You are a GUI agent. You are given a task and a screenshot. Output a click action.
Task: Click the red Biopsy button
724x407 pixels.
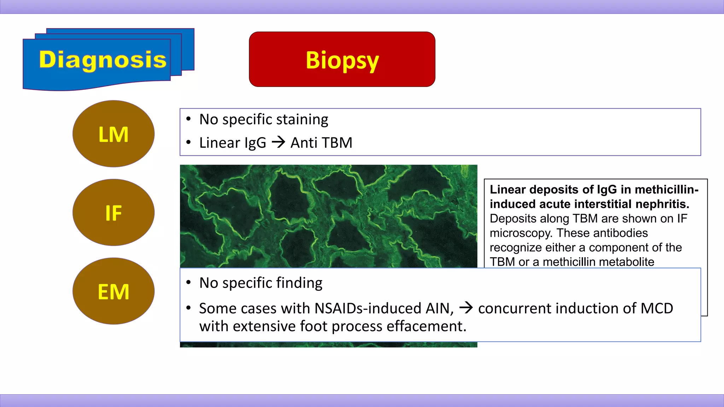point(342,59)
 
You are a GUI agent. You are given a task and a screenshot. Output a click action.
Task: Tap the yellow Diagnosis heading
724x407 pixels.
point(103,59)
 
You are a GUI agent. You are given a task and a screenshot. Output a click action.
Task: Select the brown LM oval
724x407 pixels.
point(113,134)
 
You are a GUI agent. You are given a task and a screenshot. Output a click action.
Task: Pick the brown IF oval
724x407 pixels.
point(113,213)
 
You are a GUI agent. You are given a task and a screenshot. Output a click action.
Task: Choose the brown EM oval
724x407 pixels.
point(113,291)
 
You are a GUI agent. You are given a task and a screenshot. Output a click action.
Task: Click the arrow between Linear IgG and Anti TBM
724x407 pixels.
point(278,142)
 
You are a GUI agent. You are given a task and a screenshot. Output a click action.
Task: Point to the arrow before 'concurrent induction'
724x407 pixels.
point(466,308)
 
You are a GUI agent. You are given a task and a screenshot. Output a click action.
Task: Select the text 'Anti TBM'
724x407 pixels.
point(321,143)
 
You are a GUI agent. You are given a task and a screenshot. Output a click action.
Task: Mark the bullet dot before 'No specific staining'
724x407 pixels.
point(189,119)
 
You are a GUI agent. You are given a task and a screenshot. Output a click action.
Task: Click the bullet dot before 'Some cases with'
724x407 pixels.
point(189,308)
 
